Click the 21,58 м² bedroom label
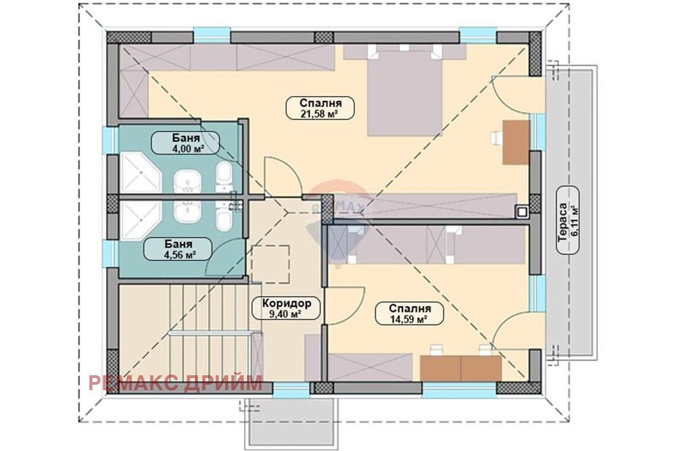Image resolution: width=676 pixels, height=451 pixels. (320, 108)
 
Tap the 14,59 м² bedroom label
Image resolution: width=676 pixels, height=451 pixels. (410, 314)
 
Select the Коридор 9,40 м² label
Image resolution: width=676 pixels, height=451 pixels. (287, 308)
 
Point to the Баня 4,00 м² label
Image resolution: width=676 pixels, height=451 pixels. (185, 143)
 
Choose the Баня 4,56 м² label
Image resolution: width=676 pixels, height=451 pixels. (178, 249)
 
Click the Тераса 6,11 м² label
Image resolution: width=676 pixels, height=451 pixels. (568, 220)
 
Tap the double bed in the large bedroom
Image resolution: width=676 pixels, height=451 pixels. (404, 92)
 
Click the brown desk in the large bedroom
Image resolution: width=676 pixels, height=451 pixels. (516, 142)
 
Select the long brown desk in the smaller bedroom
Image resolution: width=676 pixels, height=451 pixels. (461, 368)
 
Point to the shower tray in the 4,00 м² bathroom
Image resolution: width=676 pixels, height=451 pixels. (141, 173)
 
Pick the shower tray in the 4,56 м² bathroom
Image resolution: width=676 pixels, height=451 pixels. (141, 221)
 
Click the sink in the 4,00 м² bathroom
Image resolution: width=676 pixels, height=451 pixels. (187, 181)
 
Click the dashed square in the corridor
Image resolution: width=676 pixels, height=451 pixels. (270, 264)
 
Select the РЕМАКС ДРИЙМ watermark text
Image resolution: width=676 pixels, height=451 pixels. (176, 383)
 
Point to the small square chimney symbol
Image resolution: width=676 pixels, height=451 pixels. (522, 211)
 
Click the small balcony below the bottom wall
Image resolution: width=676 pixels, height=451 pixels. (292, 423)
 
